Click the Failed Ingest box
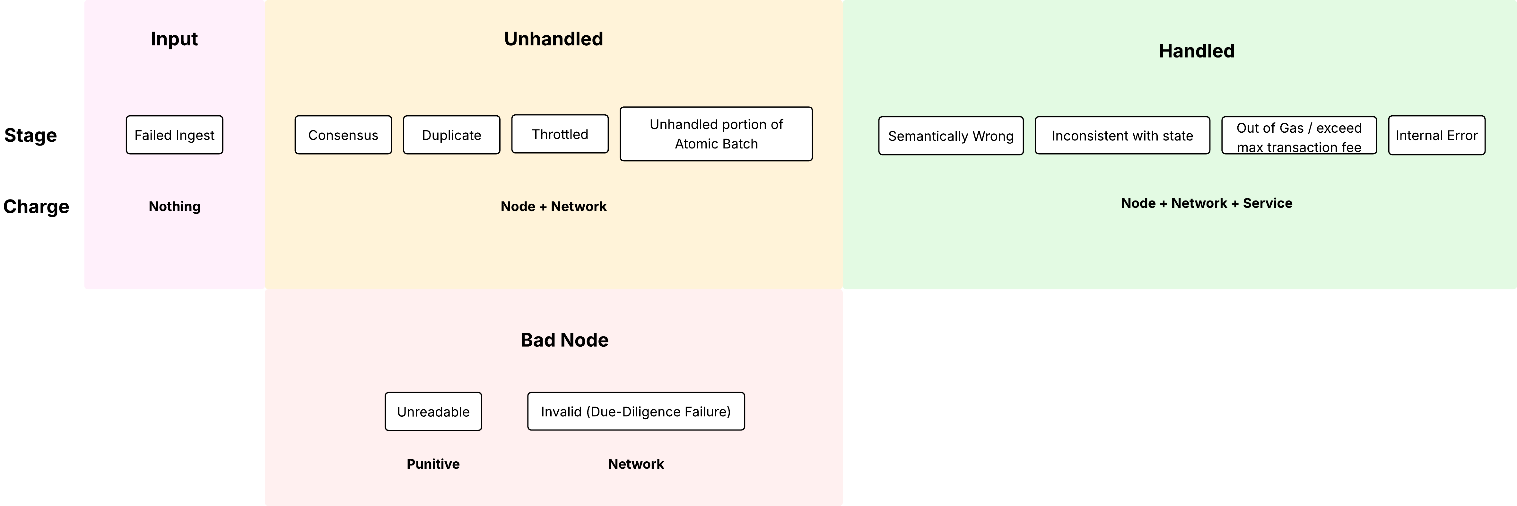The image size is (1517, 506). pyautogui.click(x=174, y=135)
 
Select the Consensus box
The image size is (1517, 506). pyautogui.click(x=343, y=135)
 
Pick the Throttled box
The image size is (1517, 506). pyautogui.click(x=560, y=134)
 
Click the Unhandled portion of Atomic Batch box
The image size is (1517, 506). pyautogui.click(x=716, y=134)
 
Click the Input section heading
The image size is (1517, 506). pyautogui.click(x=174, y=39)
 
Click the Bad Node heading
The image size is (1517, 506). pyautogui.click(x=564, y=340)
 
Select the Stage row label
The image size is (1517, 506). pyautogui.click(x=31, y=136)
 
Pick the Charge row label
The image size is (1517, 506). pyautogui.click(x=36, y=207)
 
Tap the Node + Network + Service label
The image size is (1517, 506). pyautogui.click(x=1206, y=203)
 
